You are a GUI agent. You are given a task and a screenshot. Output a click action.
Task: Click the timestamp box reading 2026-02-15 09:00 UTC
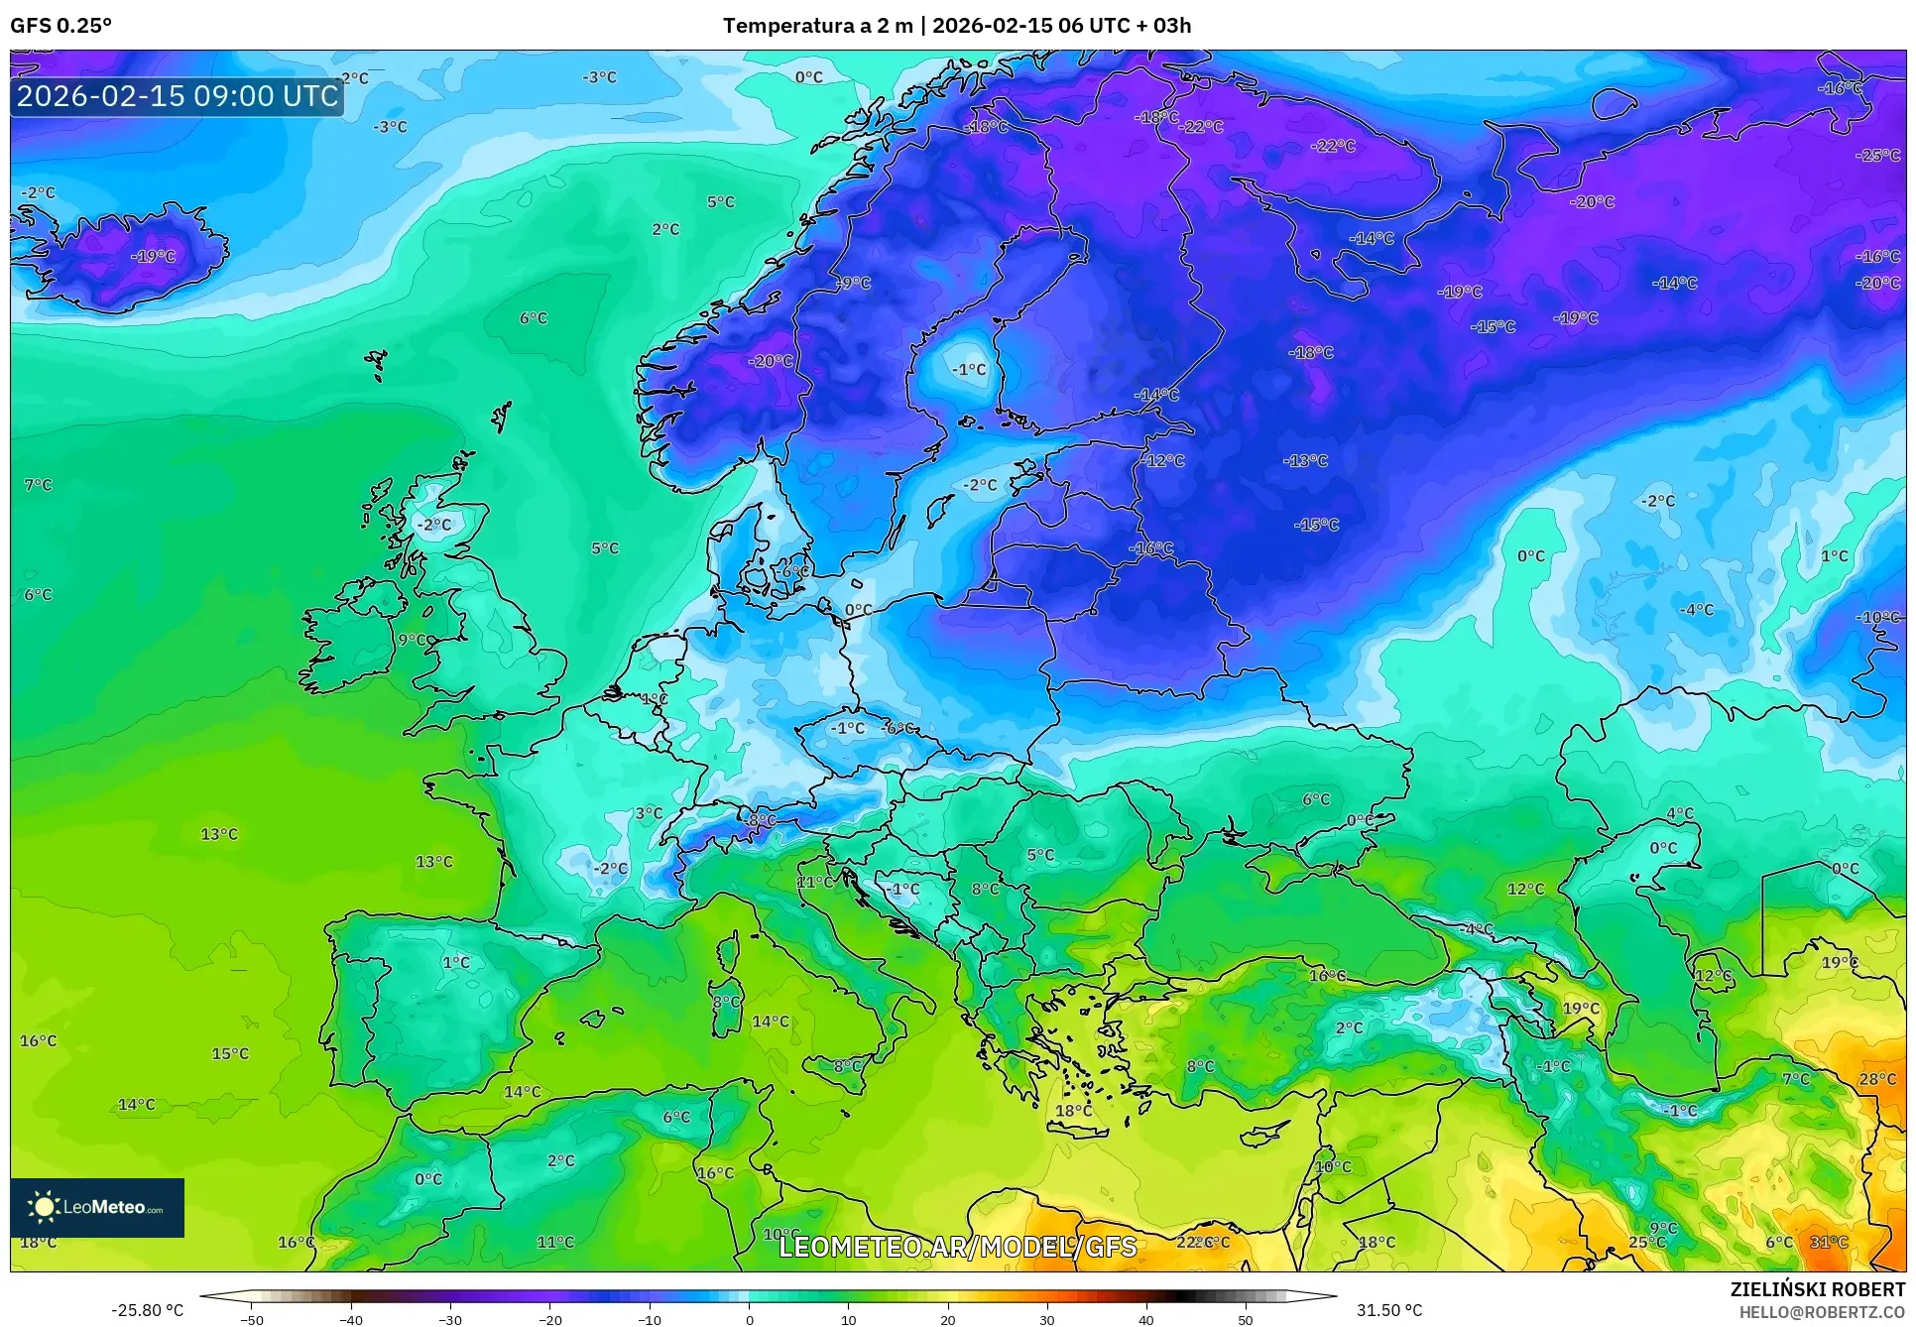(178, 96)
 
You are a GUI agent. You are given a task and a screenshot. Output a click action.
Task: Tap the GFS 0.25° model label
(60, 26)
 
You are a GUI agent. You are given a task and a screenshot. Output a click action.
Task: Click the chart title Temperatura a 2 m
(817, 26)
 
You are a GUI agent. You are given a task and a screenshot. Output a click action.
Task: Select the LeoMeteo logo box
(97, 1207)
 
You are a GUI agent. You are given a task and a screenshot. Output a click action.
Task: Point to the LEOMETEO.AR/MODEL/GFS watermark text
(957, 1247)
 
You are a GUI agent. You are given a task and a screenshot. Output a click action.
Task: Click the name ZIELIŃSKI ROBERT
(1817, 1289)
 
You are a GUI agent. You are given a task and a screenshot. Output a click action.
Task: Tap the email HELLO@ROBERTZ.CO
(1822, 1312)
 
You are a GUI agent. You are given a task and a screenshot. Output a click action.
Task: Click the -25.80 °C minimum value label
(147, 1310)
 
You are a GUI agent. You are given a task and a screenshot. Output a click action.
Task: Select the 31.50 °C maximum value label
(1388, 1310)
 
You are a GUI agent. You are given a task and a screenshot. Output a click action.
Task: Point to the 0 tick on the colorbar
(749, 1319)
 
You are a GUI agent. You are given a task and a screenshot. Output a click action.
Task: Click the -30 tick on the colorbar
(450, 1319)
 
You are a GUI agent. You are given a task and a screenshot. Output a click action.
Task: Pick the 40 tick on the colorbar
(1145, 1319)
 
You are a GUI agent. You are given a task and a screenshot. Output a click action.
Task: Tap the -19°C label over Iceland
(153, 256)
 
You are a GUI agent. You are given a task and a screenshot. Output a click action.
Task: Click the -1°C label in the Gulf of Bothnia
(969, 370)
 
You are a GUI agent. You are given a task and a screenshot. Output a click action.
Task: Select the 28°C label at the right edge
(1877, 1079)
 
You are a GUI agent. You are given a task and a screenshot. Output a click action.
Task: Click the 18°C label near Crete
(1073, 1111)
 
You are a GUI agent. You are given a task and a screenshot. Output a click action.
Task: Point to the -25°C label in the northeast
(1878, 156)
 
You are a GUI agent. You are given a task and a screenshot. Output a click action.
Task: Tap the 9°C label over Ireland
(413, 640)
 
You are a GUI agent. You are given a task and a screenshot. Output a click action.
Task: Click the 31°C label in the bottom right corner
(1829, 1242)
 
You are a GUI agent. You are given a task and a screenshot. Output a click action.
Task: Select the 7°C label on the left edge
(38, 485)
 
